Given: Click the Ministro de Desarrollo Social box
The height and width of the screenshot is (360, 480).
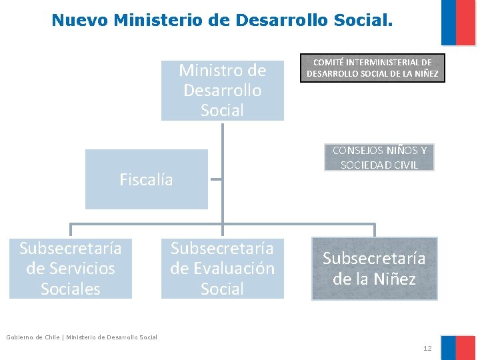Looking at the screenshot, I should (x=222, y=90).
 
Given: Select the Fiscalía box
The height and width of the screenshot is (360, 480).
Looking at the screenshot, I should (x=146, y=179).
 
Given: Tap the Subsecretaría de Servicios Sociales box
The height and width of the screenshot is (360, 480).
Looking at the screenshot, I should (x=71, y=268).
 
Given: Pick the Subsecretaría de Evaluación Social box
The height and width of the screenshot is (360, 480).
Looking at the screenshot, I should (x=222, y=268).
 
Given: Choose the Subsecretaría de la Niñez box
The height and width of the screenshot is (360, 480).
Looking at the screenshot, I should (x=374, y=268).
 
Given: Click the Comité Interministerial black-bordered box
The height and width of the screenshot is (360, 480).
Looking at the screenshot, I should (x=372, y=68).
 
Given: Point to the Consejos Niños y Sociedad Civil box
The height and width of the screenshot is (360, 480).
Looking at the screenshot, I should (x=379, y=157).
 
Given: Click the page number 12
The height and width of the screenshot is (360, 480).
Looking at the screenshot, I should (x=427, y=349).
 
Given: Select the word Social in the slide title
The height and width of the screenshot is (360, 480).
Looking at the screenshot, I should (x=363, y=20).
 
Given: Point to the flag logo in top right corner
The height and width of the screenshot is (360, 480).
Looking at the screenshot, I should (x=458, y=22).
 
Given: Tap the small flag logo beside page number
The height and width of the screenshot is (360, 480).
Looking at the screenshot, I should (x=458, y=347).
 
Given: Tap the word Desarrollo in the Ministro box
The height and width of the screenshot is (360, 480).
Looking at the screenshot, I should (x=222, y=90).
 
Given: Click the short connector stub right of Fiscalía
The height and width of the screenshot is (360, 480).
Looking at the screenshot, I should (x=215, y=179).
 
